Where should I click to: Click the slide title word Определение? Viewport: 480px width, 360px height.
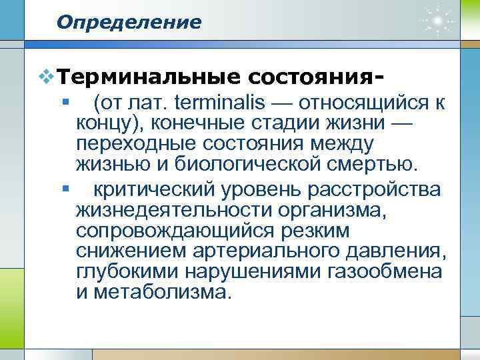[129, 23]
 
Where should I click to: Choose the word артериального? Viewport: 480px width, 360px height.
[258, 252]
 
